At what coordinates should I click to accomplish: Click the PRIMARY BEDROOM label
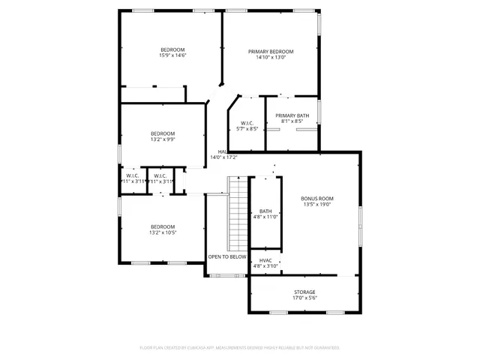click(x=271, y=51)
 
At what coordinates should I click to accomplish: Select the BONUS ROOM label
click(x=317, y=198)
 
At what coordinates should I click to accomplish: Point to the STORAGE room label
click(x=304, y=292)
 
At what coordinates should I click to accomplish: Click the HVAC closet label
click(x=265, y=260)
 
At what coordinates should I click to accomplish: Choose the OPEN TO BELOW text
click(x=227, y=256)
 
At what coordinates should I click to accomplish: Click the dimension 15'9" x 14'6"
click(x=172, y=55)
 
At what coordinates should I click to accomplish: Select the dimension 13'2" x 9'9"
click(x=163, y=139)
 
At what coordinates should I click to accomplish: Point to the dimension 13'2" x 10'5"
click(x=163, y=232)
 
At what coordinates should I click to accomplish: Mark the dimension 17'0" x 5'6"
click(x=304, y=298)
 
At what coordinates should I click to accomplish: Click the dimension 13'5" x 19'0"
click(x=317, y=204)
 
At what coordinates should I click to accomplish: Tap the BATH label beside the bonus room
click(x=265, y=211)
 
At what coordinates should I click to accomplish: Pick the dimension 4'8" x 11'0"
click(x=265, y=217)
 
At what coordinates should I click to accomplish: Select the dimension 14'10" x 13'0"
click(x=271, y=57)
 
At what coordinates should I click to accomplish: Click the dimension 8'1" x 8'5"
click(x=292, y=121)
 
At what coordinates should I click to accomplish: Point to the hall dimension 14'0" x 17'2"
click(x=223, y=157)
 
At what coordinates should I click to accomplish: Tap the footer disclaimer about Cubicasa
click(x=240, y=348)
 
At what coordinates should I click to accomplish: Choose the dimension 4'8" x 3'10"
click(x=265, y=266)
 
